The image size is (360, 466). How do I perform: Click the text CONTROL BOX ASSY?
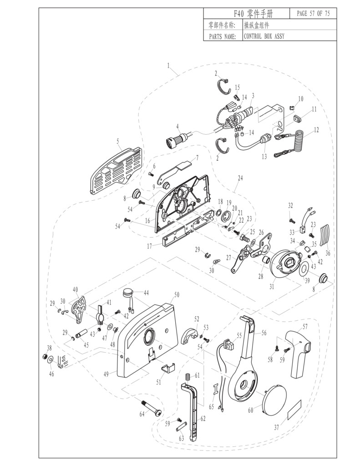point(264,36)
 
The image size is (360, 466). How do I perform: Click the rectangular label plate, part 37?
point(297,409)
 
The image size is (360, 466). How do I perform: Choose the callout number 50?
point(176,295)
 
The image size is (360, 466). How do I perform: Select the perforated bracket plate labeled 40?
point(81,309)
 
